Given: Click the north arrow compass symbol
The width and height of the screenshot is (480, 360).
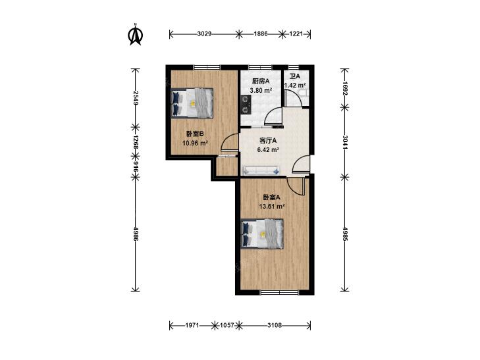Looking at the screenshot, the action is [x=135, y=35].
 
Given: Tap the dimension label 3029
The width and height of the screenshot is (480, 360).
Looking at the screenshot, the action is [x=204, y=34].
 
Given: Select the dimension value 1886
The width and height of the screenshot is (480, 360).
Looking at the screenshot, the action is [x=261, y=34].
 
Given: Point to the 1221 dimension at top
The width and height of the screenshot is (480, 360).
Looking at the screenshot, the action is [x=296, y=34].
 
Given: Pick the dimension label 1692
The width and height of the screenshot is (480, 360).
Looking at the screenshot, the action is [x=345, y=88].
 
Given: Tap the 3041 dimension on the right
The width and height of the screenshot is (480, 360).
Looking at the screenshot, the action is [x=345, y=142].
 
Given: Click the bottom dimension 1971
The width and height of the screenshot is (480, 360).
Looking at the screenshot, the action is [x=193, y=325].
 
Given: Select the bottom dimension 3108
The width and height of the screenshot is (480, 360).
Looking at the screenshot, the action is [x=275, y=325].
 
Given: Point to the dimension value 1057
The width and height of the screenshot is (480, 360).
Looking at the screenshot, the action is [x=227, y=325].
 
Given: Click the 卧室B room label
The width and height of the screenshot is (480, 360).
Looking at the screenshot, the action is [x=195, y=134].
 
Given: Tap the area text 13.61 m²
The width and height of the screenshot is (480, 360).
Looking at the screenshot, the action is [x=272, y=207].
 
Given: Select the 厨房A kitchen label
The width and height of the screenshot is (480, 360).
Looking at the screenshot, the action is [x=261, y=82].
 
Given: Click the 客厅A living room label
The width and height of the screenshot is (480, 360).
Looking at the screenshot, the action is [x=268, y=141].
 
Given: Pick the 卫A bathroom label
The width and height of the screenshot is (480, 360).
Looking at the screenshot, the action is [x=295, y=76].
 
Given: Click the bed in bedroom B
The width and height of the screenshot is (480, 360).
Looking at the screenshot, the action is [x=192, y=103].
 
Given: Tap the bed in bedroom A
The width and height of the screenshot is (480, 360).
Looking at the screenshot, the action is [x=262, y=234].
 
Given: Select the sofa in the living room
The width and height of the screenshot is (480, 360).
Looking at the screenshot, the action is [x=261, y=170].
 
